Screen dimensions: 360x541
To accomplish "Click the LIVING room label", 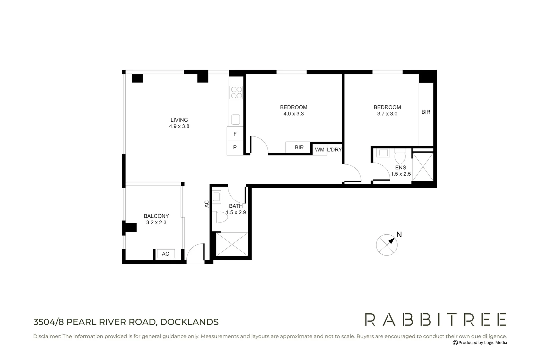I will point(179,120).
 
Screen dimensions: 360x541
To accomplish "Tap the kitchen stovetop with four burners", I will point(236,92).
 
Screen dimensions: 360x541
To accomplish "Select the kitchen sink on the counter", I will point(236,119).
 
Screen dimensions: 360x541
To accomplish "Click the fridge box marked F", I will point(235,134).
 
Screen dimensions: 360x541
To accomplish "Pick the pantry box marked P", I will point(235,147).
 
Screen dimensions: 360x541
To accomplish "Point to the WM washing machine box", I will point(320,150).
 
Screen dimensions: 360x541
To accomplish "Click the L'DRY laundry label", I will point(334,150).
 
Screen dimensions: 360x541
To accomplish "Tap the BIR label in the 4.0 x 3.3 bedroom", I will point(299,147).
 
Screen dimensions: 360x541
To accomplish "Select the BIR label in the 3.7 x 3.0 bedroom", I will point(426,112).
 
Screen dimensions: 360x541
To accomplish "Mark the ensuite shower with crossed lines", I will point(423,166).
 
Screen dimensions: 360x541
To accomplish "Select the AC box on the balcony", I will point(165,254).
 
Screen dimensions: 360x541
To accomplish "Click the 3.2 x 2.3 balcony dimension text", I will point(156,222).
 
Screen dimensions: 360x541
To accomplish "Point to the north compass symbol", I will point(387,245).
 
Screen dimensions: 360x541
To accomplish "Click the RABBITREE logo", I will point(436,319).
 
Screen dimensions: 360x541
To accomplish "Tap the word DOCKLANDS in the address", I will point(189,322).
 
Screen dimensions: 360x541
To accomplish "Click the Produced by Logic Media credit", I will point(480,343).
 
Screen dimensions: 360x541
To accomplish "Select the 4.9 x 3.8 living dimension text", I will point(179,126).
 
